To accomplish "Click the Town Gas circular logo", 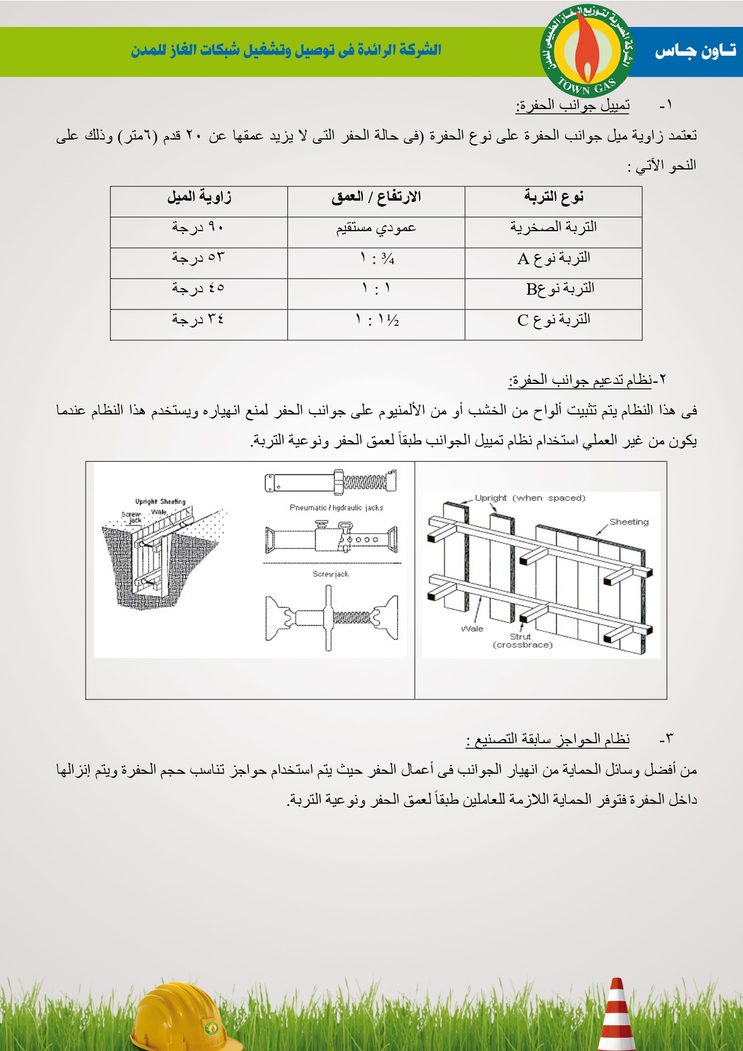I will click(586, 51).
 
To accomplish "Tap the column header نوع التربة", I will click(554, 197).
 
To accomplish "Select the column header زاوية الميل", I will click(199, 197).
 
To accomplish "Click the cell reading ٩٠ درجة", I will click(198, 228).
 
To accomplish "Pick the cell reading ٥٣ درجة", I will click(198, 258).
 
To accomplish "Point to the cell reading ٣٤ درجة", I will click(198, 320).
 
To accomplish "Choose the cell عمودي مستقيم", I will click(376, 228).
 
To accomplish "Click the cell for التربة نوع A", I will click(554, 258).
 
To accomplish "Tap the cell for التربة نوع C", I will click(554, 320).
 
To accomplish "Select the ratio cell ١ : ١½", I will click(377, 320).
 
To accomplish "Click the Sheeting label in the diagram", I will click(629, 522).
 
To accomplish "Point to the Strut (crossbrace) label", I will click(522, 641).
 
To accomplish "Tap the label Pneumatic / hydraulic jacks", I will click(336, 508).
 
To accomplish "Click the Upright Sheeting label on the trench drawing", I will click(160, 502).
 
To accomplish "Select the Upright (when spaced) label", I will click(530, 498).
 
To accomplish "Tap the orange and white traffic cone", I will click(617, 1015).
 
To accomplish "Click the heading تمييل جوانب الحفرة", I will click(572, 105).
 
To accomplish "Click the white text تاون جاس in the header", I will click(695, 52).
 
